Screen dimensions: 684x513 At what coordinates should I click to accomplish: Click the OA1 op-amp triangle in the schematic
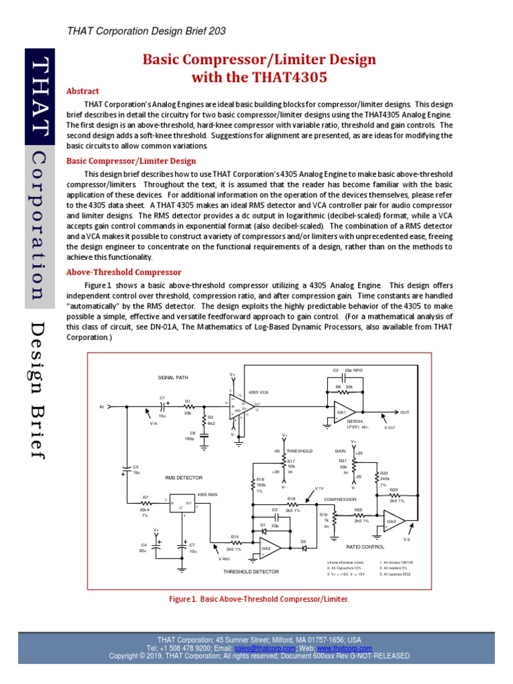coord(343,413)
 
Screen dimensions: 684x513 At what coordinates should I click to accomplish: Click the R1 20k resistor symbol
coord(188,405)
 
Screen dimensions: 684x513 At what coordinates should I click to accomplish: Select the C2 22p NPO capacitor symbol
coord(342,378)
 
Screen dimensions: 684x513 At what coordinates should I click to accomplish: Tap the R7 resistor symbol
coord(146,503)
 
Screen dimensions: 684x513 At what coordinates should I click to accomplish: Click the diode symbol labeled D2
coord(303,548)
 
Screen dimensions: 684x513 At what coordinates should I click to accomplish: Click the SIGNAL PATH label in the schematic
coord(173,377)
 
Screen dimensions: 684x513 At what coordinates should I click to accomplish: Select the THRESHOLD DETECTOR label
coord(250,572)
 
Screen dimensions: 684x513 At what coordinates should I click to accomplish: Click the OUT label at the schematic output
coord(405,412)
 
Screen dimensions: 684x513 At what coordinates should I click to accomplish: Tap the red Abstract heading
coord(83,91)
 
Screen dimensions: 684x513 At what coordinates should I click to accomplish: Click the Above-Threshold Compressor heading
coord(124,272)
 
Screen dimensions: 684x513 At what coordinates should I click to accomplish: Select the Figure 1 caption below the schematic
coord(260,599)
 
